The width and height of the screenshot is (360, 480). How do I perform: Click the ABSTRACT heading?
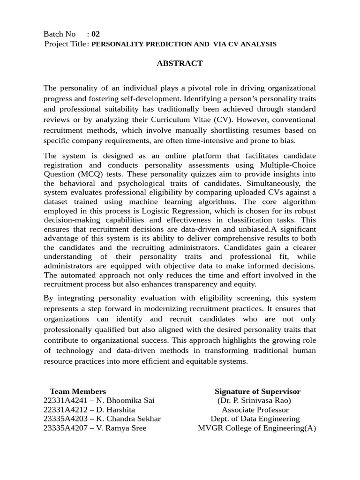coord(180,63)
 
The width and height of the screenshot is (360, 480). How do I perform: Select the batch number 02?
coord(96,34)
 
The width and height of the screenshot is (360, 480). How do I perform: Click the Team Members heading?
coord(78,391)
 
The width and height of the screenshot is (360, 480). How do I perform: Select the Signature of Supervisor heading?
coord(257,391)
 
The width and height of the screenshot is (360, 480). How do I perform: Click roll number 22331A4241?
coord(63,401)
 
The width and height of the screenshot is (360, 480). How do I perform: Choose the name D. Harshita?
coord(116,410)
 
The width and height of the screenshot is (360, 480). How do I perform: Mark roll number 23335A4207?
coord(63,428)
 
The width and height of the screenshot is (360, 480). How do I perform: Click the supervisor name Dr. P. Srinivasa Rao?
coord(255,401)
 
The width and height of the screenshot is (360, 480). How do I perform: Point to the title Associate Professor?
coord(255,410)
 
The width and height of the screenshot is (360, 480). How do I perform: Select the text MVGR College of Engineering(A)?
coord(257,428)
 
